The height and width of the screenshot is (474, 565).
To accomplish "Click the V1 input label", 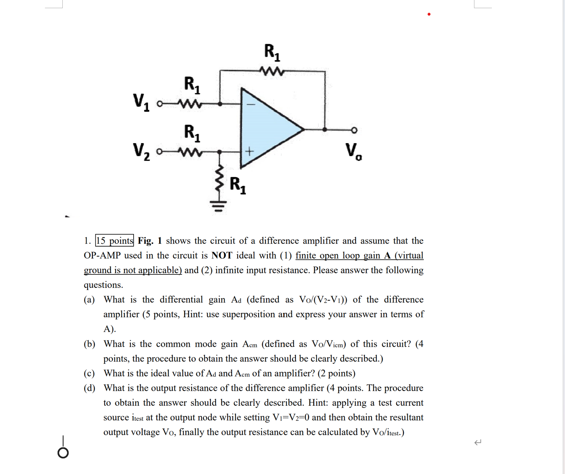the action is pyautogui.click(x=141, y=102).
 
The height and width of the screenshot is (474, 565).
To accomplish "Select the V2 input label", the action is pyautogui.click(x=141, y=152).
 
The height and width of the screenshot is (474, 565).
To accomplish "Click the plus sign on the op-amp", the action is pyautogui.click(x=249, y=151).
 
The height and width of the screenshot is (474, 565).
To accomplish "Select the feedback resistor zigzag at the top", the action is pyautogui.click(x=272, y=70).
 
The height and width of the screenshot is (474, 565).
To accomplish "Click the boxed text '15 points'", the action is pyautogui.click(x=115, y=241).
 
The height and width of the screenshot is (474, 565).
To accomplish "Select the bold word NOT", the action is pyautogui.click(x=222, y=256).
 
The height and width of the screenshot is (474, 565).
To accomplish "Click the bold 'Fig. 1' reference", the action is pyautogui.click(x=150, y=241).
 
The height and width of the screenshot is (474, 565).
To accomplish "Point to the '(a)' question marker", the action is pyautogui.click(x=89, y=300).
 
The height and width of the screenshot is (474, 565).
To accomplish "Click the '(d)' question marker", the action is pyautogui.click(x=89, y=388).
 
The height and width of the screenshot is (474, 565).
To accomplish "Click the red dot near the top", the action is pyautogui.click(x=429, y=14).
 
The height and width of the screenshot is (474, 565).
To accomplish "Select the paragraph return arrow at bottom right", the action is pyautogui.click(x=478, y=442).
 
